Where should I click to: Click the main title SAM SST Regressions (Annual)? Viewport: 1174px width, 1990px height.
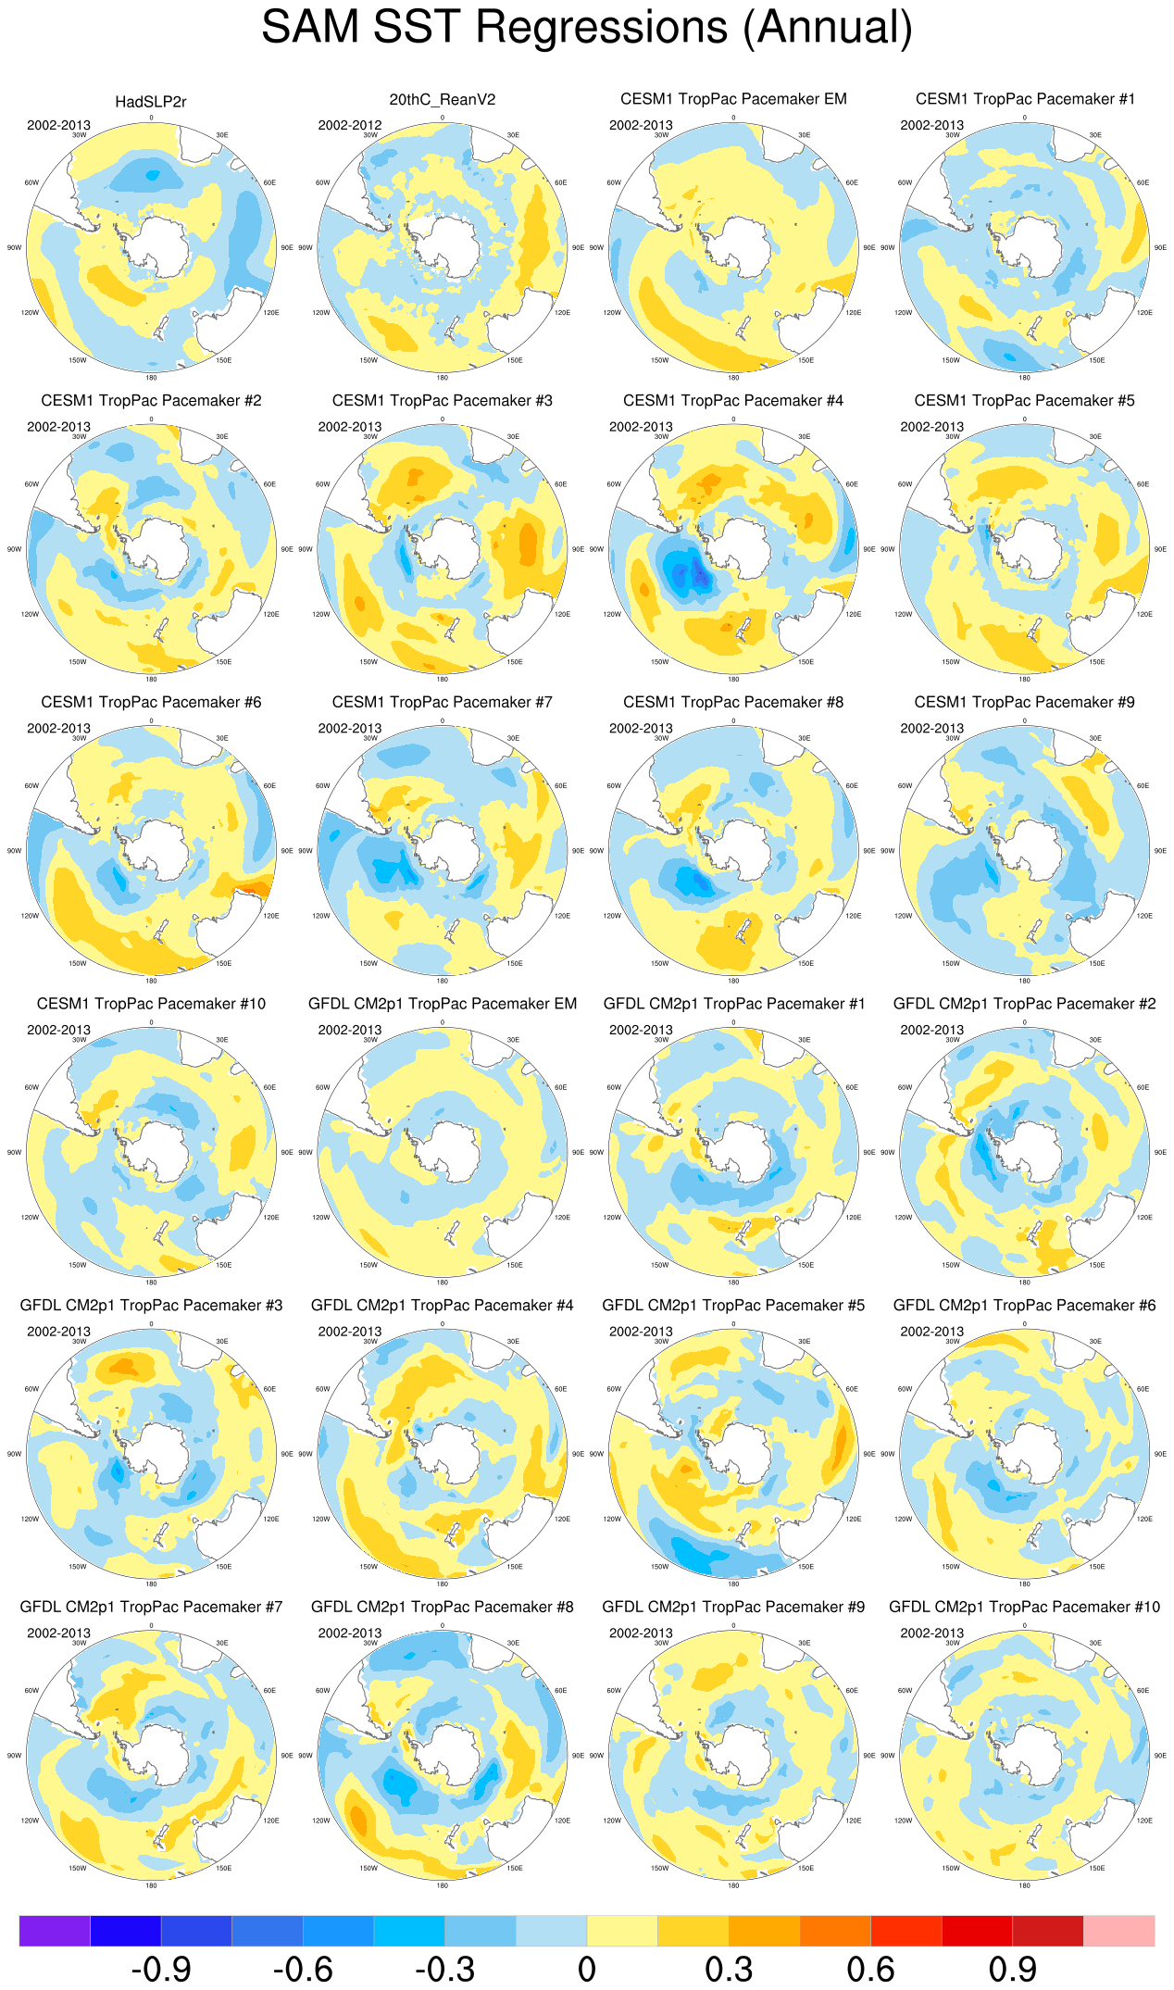point(587,28)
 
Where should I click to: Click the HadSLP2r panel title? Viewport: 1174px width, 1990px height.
point(151,102)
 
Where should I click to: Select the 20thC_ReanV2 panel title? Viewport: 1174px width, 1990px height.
point(442,100)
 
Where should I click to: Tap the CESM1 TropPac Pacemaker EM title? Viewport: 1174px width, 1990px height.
point(733,99)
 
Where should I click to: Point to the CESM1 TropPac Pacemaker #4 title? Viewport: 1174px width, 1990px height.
point(733,401)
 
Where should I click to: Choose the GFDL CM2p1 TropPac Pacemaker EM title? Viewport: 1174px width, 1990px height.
point(442,1004)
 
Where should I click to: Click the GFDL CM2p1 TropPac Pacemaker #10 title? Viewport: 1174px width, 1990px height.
point(1024,1607)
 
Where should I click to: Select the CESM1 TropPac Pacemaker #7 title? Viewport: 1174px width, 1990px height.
point(442,703)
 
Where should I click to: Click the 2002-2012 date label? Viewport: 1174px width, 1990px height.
point(350,125)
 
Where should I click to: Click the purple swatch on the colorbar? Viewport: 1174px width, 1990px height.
point(55,1931)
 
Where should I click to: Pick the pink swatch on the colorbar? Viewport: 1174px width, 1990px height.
point(1118,1931)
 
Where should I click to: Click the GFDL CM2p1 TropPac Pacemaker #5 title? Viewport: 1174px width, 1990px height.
point(733,1306)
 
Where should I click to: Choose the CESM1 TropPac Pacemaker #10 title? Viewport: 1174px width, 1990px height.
point(151,1004)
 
